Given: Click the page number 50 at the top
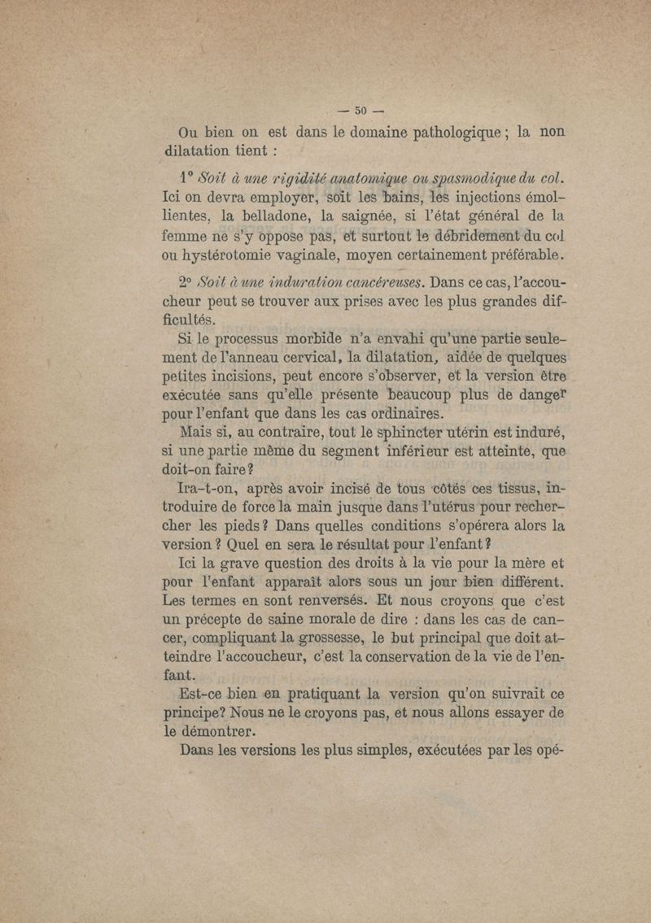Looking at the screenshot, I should (x=359, y=113).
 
